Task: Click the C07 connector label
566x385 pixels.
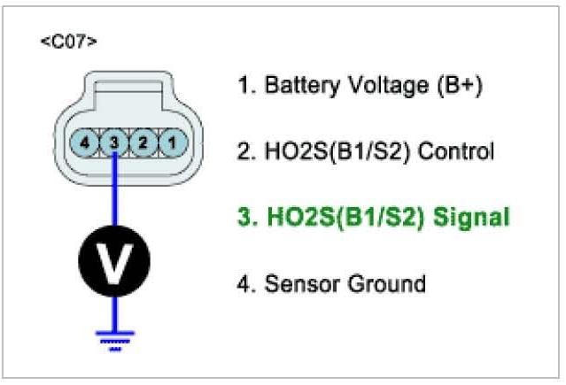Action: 68,42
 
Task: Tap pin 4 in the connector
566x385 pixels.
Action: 85,141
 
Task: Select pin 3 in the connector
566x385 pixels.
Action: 115,141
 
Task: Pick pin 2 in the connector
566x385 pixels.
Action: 144,141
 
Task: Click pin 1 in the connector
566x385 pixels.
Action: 174,141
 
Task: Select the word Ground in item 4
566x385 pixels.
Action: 382,283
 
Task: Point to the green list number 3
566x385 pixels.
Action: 243,218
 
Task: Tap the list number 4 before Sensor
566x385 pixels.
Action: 243,283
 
